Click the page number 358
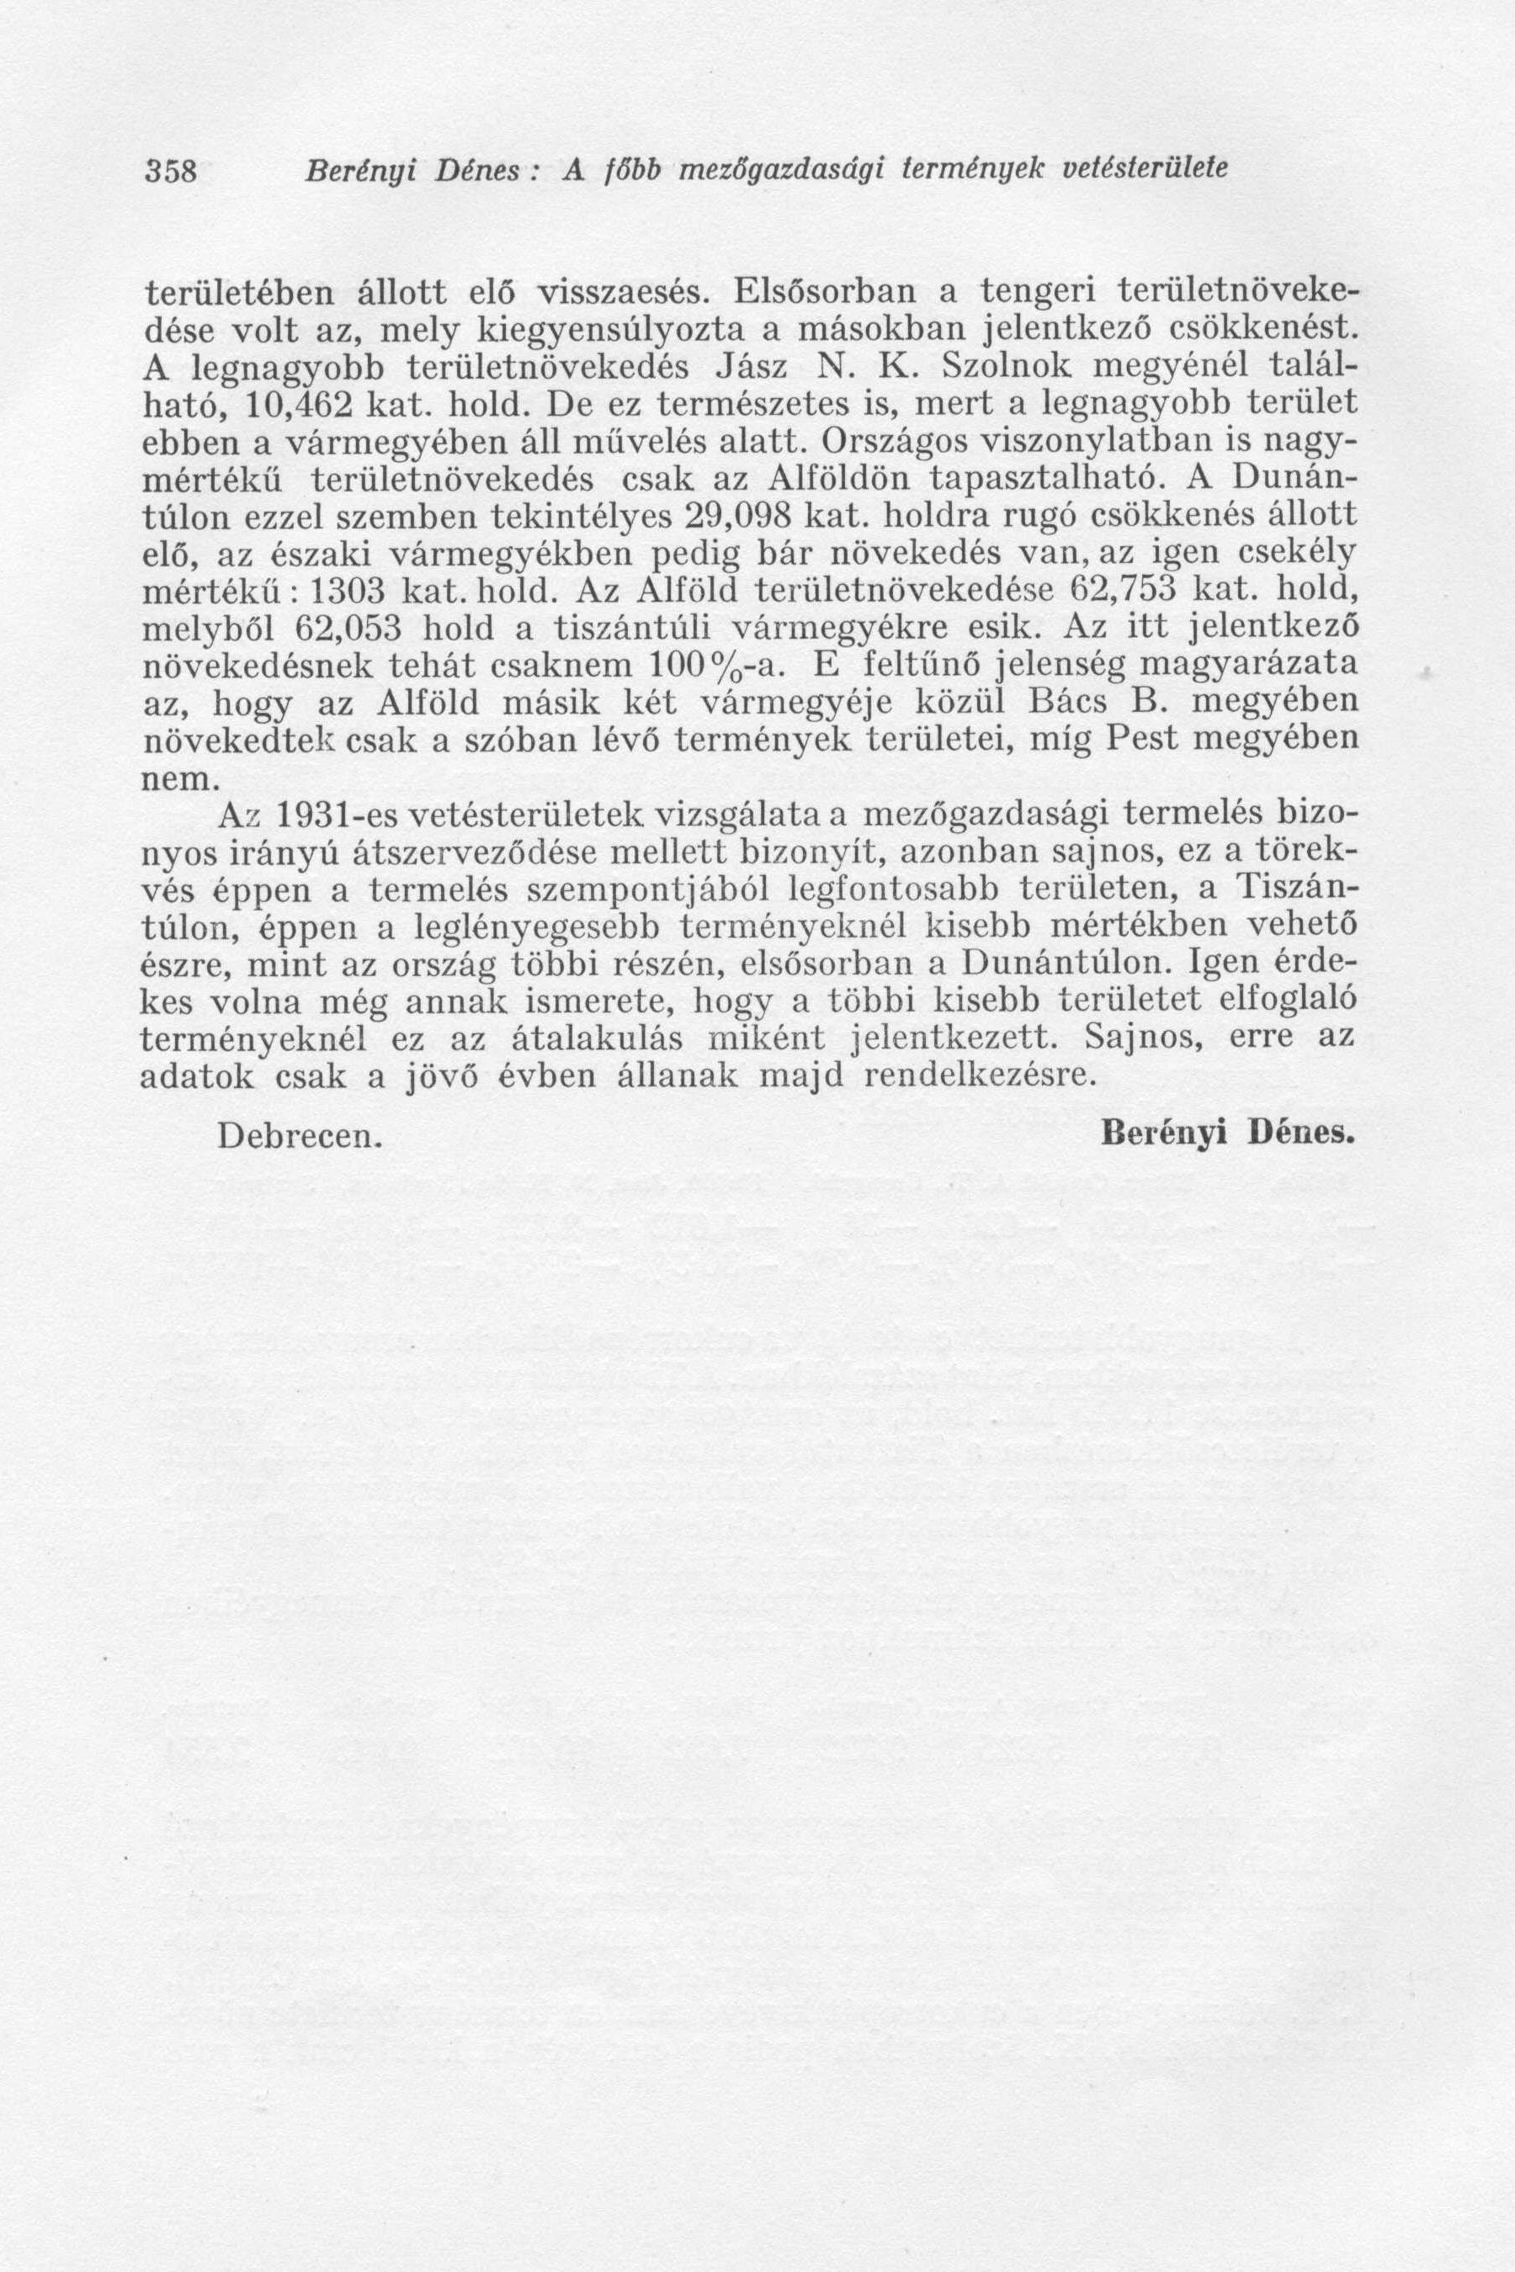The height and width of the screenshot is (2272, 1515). (x=171, y=171)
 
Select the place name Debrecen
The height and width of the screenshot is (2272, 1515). (x=300, y=1136)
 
